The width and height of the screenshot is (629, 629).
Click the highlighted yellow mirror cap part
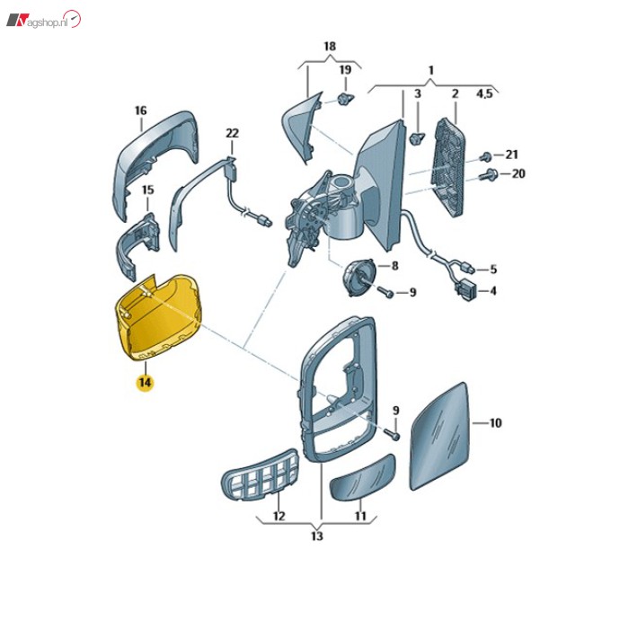click(x=158, y=314)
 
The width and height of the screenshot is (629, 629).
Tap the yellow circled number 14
click(x=145, y=382)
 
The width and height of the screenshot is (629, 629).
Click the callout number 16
click(x=140, y=111)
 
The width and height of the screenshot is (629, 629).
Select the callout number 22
click(x=232, y=134)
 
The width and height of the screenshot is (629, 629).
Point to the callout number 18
click(x=329, y=46)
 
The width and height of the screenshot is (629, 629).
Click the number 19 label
click(x=344, y=70)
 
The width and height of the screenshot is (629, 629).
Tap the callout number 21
click(x=511, y=155)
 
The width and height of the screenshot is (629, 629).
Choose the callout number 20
click(x=517, y=173)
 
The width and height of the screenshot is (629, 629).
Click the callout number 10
click(x=495, y=421)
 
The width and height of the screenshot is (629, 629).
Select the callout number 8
click(x=393, y=267)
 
